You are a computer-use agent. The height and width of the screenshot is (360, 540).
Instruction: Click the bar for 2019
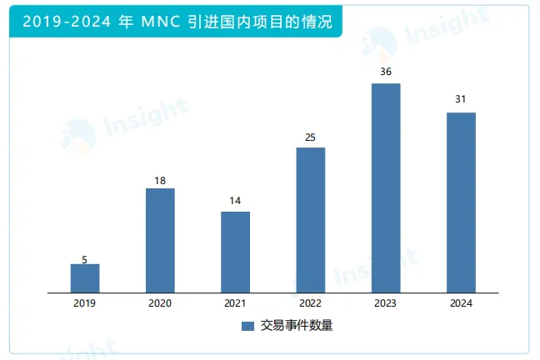[85, 278]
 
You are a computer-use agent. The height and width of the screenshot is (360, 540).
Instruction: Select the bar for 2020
[160, 241]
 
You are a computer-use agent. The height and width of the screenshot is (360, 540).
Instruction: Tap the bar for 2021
[235, 252]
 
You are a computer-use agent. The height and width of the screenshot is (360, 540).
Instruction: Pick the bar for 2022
[310, 220]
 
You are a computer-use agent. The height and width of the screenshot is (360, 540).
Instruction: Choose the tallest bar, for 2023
[386, 188]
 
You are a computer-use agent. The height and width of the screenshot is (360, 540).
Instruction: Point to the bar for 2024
[461, 202]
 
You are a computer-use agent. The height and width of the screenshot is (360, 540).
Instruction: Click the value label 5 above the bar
[85, 258]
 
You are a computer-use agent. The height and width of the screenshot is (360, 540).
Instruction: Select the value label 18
[160, 180]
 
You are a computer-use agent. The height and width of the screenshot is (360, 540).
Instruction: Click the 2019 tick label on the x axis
[85, 303]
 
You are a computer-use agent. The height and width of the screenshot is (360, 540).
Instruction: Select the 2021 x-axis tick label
[235, 303]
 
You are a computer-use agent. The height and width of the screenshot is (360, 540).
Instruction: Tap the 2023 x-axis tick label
[386, 303]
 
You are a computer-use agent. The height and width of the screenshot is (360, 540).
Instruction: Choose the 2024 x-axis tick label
[461, 303]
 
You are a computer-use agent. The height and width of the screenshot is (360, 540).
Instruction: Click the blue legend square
[247, 326]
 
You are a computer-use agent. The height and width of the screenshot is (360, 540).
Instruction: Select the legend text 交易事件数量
[296, 326]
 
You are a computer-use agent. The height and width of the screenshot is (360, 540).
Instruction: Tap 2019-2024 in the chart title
[57, 22]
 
